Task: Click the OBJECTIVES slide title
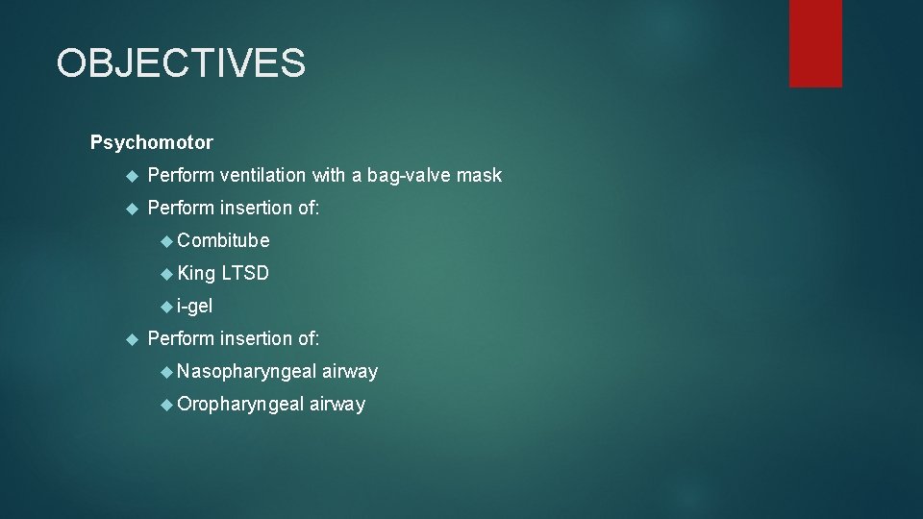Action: point(181,63)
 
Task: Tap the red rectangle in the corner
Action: point(815,43)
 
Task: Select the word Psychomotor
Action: point(152,142)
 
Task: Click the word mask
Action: point(479,175)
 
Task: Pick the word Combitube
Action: point(223,240)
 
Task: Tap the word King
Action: point(196,274)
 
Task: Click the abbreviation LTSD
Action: point(245,274)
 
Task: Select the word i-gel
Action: point(194,307)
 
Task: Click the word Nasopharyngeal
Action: point(246,372)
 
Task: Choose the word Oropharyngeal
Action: point(240,405)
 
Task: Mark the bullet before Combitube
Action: point(166,241)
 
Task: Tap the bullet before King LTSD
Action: point(166,274)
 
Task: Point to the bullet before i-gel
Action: point(166,307)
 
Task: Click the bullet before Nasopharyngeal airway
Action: point(166,372)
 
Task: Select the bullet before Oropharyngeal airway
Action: point(166,405)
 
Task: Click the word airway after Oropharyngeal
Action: point(337,405)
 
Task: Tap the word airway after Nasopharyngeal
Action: point(350,372)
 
